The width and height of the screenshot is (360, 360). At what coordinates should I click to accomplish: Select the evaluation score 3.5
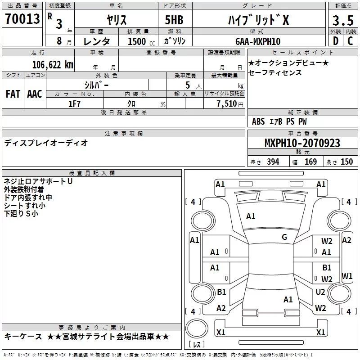coord(342,20)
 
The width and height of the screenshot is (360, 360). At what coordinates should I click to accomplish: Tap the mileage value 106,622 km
coord(53,64)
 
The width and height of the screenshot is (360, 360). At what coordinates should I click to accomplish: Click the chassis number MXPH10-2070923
coord(302,143)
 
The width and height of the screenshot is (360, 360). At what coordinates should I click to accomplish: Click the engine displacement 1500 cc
coord(137,41)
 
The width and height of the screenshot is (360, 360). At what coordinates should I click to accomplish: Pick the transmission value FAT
coord(13,94)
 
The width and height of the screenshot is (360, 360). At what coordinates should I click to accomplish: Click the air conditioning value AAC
coord(34,94)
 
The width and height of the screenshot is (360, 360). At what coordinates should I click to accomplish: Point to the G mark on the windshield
coord(284,237)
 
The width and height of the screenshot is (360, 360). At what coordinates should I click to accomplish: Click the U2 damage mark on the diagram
coord(320,292)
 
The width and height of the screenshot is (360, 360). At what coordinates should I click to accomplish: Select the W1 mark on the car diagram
coord(347,275)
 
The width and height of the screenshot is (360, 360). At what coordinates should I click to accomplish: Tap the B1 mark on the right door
coord(327,267)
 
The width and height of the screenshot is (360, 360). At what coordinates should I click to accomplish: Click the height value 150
coord(346,162)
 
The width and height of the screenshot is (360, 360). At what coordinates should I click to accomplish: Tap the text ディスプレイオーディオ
coord(46,143)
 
